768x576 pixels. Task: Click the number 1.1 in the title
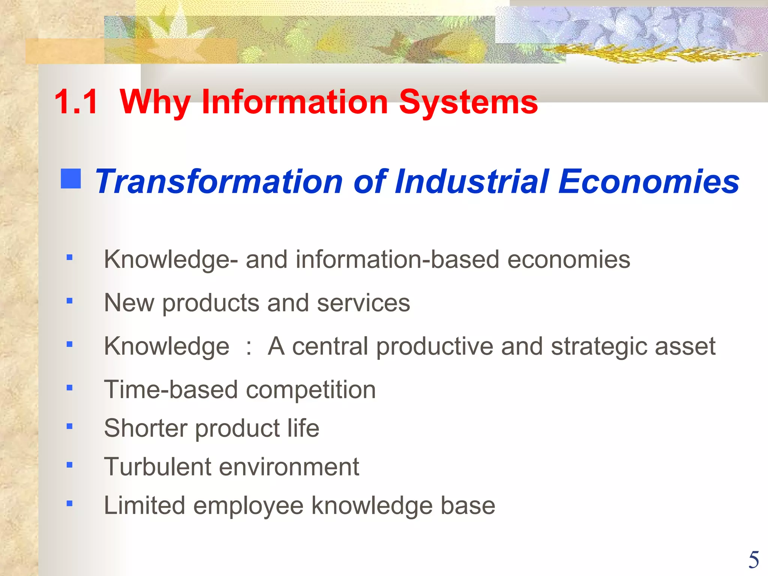(76, 102)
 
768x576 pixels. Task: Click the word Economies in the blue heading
(648, 181)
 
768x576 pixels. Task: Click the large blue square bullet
(71, 178)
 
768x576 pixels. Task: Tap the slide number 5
(754, 560)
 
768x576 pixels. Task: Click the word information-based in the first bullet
(397, 259)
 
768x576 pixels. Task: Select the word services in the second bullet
(363, 303)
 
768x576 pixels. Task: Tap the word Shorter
(145, 428)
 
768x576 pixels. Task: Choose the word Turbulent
(157, 467)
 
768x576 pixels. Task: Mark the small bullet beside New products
(69, 301)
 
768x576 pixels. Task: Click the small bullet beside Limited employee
(69, 504)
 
